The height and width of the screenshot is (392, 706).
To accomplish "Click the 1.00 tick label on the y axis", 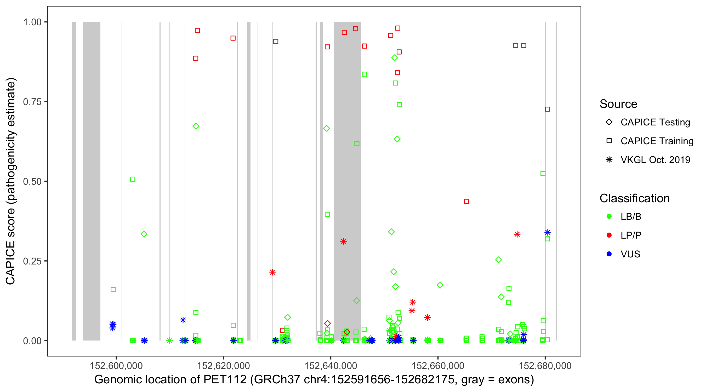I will click(32, 22).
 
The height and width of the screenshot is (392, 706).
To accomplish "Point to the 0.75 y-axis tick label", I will click(32, 102).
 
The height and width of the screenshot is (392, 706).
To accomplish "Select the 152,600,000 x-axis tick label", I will click(116, 366).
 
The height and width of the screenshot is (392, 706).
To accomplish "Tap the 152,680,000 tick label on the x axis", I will click(545, 366).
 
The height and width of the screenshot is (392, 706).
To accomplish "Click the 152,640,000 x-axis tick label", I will click(331, 366).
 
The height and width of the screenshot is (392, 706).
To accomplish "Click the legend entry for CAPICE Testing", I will click(655, 122).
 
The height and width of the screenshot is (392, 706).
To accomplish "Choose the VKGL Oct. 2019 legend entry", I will click(655, 160).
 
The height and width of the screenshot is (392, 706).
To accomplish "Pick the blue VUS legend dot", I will click(609, 254).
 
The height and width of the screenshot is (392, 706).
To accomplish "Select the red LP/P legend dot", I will click(609, 235).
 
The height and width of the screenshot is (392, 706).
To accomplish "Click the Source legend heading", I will click(618, 104).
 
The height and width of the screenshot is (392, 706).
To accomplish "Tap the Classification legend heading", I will click(634, 198).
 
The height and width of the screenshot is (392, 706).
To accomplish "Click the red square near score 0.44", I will click(466, 201).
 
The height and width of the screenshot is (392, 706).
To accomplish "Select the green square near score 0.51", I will click(133, 179).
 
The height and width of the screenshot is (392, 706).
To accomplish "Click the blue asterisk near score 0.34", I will click(548, 232).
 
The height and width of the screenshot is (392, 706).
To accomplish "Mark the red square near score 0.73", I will click(547, 109).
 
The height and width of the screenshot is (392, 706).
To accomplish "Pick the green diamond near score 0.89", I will click(394, 58).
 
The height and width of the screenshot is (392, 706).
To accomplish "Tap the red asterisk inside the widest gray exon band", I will click(343, 241).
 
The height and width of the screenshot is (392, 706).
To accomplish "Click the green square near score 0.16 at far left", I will click(113, 290).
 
